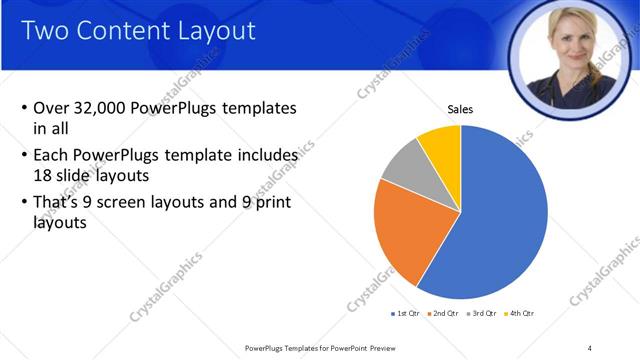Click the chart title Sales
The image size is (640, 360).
pos(460,110)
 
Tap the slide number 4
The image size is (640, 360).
pos(590,347)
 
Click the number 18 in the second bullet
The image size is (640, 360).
pos(42,174)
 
